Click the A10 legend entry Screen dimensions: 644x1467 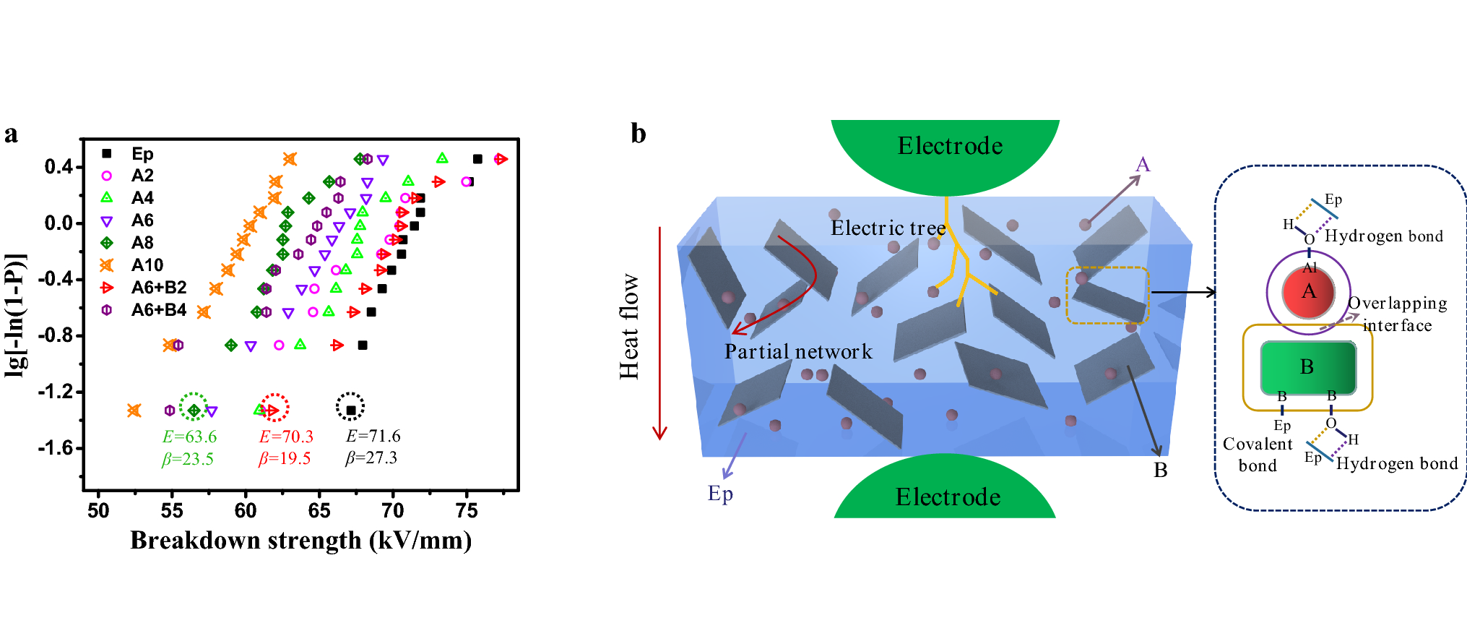click(x=147, y=265)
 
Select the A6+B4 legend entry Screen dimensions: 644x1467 click(x=158, y=310)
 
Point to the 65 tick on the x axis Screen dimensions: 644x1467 click(x=319, y=510)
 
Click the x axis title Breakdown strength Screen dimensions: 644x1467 click(x=300, y=541)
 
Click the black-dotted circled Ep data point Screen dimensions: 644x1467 click(x=350, y=410)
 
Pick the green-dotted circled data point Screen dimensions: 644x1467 click(x=194, y=411)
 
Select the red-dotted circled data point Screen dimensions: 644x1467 click(x=274, y=411)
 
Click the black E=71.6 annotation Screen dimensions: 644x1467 click(x=373, y=436)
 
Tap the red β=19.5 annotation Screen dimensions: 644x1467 click(x=285, y=459)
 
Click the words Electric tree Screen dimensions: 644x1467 click(x=888, y=228)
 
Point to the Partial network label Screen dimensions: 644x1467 click(x=798, y=352)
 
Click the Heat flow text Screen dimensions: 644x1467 click(x=629, y=327)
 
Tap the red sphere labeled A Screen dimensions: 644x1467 click(x=1308, y=292)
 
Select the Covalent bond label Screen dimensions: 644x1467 click(x=1258, y=455)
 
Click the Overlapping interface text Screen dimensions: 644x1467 click(x=1397, y=314)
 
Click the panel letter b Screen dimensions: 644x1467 click(x=638, y=134)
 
